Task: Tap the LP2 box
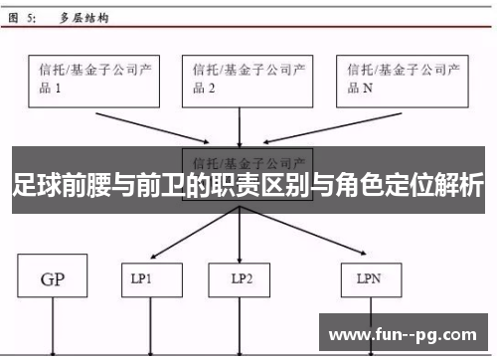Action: coord(240,280)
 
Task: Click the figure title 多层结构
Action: coord(84,19)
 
